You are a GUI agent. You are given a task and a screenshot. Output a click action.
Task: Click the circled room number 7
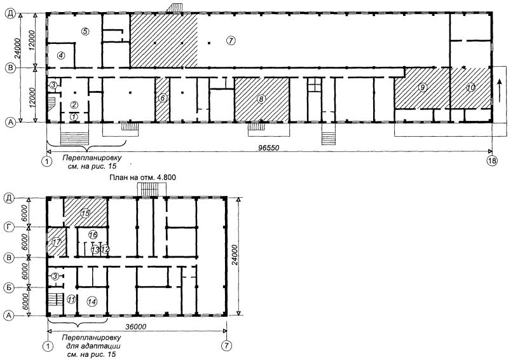231,41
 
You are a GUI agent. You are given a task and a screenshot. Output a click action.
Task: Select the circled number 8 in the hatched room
261,99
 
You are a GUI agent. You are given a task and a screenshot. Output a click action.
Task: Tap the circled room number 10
471,87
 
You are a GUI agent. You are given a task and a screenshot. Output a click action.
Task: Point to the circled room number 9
423,87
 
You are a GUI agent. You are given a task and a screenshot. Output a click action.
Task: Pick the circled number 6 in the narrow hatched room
162,97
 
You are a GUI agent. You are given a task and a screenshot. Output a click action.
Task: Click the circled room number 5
85,31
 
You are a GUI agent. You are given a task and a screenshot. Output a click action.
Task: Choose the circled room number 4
61,55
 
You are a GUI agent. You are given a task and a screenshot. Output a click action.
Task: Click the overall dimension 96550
269,148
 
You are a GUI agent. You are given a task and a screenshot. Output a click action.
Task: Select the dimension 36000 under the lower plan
136,327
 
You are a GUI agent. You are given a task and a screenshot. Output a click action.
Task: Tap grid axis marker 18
493,161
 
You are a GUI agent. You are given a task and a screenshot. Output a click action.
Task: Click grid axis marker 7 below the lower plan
226,345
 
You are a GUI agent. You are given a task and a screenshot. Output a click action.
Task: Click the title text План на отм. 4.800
142,177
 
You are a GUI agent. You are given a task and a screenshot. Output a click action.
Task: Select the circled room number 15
85,214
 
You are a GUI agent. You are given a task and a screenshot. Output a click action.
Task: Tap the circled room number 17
57,242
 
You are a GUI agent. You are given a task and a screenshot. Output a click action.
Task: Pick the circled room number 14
93,301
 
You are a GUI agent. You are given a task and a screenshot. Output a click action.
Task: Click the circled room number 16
93,235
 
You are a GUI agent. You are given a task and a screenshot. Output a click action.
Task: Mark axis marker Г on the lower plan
10,226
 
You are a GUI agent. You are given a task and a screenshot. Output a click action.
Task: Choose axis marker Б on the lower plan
10,287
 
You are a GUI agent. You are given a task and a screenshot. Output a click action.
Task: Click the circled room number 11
72,299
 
